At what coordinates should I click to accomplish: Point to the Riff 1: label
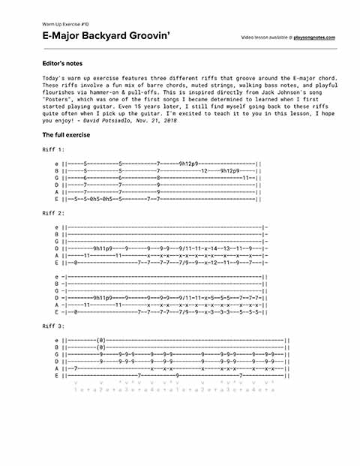tap(54, 149)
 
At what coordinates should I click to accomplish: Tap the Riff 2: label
tap(54, 214)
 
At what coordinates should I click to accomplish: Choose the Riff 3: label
tap(54, 326)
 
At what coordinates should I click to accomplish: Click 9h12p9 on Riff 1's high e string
tap(187, 162)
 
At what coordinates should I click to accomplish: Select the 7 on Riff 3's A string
tap(77, 368)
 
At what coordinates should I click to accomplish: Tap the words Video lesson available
tap(263, 37)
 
